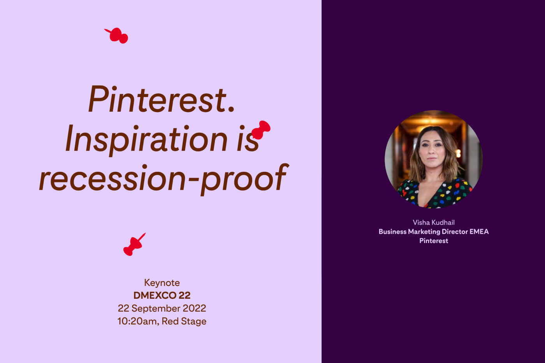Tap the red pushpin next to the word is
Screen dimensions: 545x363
point(260,130)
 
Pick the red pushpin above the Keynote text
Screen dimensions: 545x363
point(134,245)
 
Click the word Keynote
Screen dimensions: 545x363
point(162,283)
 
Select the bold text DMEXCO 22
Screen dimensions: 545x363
point(162,295)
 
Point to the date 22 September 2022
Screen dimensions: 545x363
point(162,308)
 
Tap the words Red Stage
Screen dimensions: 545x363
point(184,321)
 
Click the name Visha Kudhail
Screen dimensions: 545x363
point(434,222)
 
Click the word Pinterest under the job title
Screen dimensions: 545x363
point(434,241)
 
